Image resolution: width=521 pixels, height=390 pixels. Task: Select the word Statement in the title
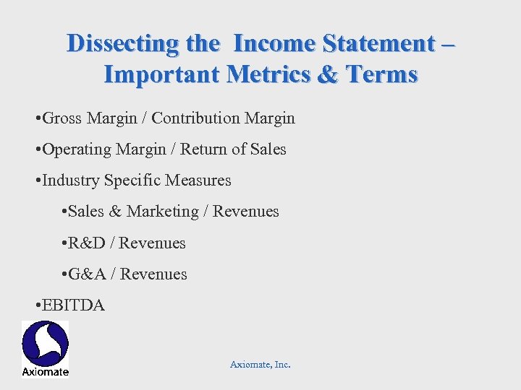click(384, 43)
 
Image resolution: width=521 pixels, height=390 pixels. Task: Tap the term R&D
click(88, 243)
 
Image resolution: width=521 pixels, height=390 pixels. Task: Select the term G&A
click(88, 274)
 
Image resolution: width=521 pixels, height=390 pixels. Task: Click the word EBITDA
click(74, 305)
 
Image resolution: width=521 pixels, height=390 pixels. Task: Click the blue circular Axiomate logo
click(45, 343)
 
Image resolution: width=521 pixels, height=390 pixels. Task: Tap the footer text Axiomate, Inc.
click(260, 365)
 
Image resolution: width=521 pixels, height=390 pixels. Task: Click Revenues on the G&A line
click(153, 274)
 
